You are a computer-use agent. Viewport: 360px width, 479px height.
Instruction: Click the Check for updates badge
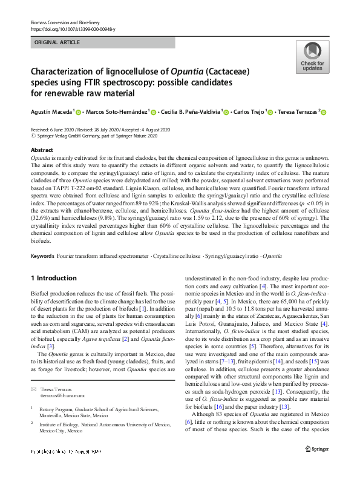point(312,58)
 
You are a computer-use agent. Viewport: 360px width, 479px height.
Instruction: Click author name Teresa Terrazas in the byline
point(297,111)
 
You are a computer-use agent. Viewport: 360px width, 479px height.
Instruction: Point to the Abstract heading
point(41,150)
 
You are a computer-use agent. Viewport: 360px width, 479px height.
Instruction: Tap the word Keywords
point(42,256)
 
